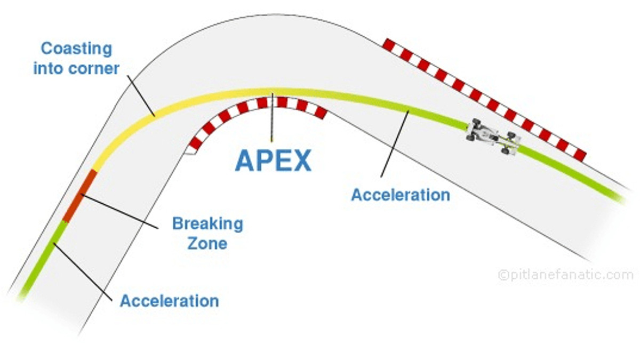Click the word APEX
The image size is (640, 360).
click(x=273, y=160)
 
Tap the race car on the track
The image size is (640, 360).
click(x=493, y=137)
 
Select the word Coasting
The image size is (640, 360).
click(x=77, y=49)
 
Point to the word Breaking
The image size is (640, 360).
click(x=207, y=223)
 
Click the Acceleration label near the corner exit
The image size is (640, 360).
click(x=400, y=195)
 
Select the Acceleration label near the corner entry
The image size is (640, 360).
click(x=169, y=301)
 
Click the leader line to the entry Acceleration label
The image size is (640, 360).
click(x=83, y=272)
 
